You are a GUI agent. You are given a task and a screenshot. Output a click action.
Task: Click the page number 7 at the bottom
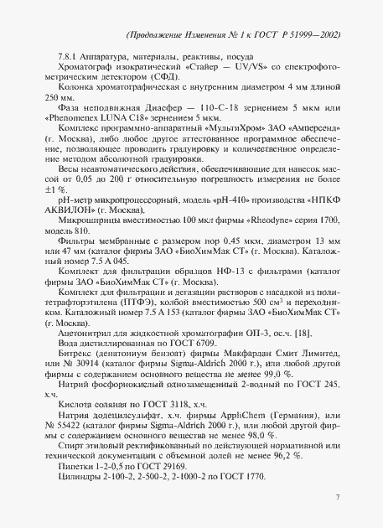tap(336, 498)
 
